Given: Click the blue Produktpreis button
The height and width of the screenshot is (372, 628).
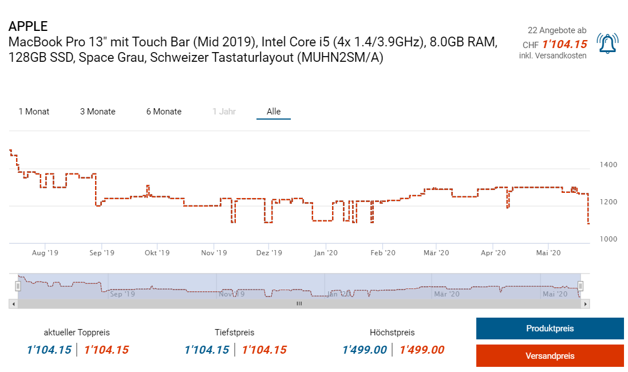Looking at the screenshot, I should point(550,329).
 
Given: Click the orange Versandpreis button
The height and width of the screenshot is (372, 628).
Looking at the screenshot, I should point(550,356).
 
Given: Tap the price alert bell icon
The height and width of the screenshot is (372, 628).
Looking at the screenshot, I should point(607,43).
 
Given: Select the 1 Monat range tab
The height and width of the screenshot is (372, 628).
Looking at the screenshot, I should point(34,112).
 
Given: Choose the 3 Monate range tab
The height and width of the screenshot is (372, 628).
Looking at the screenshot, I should point(98,112).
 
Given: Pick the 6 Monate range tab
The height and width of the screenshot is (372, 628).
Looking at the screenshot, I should point(164,112).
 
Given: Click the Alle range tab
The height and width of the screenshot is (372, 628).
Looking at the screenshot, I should point(274,112).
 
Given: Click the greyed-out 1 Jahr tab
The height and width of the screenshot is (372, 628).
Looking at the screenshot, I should point(224,112).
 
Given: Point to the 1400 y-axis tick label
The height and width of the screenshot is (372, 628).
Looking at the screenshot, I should point(608,165).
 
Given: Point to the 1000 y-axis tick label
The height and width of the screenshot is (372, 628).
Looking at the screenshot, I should point(608,239).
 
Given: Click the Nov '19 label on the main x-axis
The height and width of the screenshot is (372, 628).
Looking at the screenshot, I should point(214,252).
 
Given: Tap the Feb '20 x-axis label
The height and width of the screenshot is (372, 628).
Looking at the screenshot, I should point(382,252).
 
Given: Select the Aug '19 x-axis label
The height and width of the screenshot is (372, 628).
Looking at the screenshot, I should point(45,252).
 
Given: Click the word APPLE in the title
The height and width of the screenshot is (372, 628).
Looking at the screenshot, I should point(28,26).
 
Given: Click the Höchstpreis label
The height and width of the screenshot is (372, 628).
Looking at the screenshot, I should point(392,333).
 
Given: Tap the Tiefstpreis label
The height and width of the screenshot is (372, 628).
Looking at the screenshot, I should point(235,333).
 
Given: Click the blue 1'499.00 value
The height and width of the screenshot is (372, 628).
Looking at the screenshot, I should point(365,350).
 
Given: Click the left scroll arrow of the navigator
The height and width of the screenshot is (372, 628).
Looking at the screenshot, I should point(13,304).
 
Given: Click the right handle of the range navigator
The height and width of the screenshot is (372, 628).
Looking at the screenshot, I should point(580,286).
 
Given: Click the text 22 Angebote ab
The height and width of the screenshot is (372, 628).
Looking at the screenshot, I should point(556,30).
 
